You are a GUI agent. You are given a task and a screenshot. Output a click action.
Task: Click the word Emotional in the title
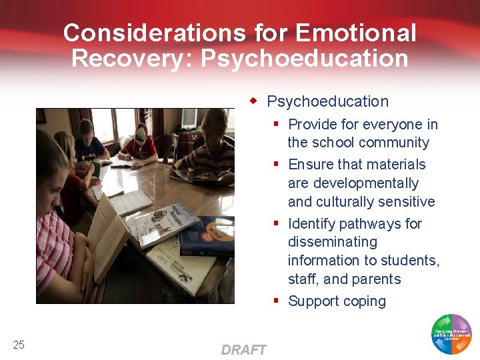coord(356,33)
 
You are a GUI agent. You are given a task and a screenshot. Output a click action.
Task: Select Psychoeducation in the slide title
coord(305,58)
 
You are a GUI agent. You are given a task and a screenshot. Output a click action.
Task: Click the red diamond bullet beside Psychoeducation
coord(254,101)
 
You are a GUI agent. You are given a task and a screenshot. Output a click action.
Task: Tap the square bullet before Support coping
coord(275,301)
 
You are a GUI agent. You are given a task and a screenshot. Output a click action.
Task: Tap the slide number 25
coord(19,344)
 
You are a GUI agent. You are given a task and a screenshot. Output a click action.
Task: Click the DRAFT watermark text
coord(243,350)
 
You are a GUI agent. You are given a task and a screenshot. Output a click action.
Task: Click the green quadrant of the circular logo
coord(440,323)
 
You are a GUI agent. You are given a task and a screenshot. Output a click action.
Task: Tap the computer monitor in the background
coord(189,119)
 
